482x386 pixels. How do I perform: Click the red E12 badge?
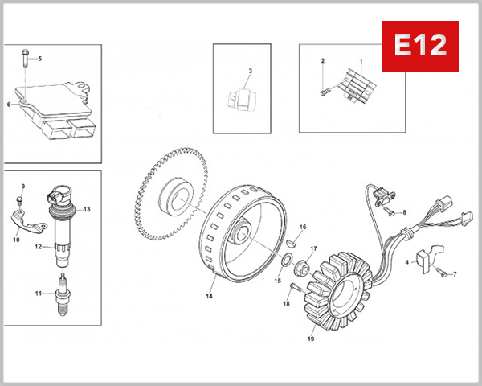(419, 46)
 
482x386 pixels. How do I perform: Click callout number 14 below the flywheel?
(209, 297)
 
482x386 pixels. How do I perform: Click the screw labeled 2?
(325, 92)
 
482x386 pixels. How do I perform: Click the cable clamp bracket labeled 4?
(426, 255)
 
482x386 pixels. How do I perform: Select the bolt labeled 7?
(441, 273)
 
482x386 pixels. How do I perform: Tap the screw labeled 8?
(388, 211)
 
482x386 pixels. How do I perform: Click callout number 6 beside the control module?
(9, 105)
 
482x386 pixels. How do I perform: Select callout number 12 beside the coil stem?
(37, 247)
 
